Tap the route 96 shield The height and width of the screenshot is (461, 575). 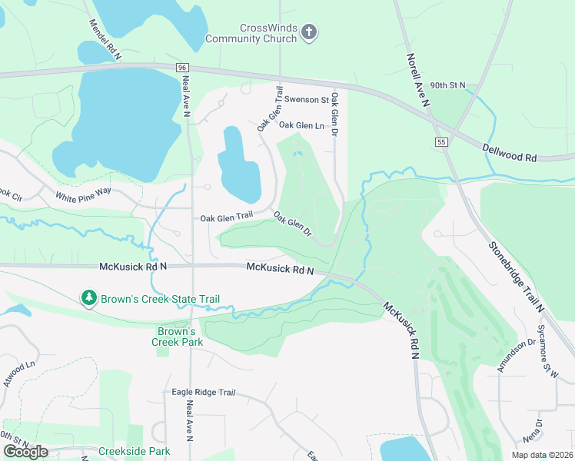click(181, 68)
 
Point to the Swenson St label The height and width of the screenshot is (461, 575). click(306, 100)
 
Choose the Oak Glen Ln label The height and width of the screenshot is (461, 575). click(301, 125)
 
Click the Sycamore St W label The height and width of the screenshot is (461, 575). click(548, 350)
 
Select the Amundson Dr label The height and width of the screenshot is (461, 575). click(515, 356)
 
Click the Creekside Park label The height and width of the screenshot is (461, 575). click(134, 451)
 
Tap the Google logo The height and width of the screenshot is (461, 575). click(25, 451)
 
